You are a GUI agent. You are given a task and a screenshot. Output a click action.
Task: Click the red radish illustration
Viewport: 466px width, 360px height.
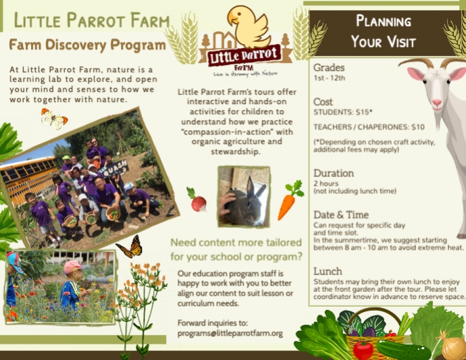[x=197, y=201]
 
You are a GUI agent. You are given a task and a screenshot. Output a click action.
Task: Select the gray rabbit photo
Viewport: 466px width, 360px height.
[x=243, y=196]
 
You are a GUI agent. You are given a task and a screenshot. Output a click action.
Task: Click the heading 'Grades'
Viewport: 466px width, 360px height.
[x=329, y=68]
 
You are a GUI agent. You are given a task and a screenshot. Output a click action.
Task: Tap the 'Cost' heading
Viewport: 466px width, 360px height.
[x=323, y=102]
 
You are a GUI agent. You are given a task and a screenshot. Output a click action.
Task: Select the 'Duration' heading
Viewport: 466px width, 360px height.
[x=334, y=173]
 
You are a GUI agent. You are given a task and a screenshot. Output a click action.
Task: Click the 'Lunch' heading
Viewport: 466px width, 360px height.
[x=328, y=272]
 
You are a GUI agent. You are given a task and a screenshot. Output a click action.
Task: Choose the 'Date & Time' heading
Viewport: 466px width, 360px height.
[x=342, y=215]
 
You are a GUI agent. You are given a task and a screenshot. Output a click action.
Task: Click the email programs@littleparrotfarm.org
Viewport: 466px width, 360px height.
[x=230, y=334]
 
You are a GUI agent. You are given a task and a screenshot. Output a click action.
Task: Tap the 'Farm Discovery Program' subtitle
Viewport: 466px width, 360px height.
[x=87, y=45]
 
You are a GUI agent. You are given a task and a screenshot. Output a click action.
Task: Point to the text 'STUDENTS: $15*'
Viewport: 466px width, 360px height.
[x=343, y=112]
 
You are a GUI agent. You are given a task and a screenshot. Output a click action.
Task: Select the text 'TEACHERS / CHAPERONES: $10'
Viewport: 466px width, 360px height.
[x=369, y=127]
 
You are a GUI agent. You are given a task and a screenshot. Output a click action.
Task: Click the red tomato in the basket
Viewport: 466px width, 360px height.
[x=363, y=350]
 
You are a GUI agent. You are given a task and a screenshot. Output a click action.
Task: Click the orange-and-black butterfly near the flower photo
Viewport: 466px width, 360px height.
[x=129, y=248]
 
